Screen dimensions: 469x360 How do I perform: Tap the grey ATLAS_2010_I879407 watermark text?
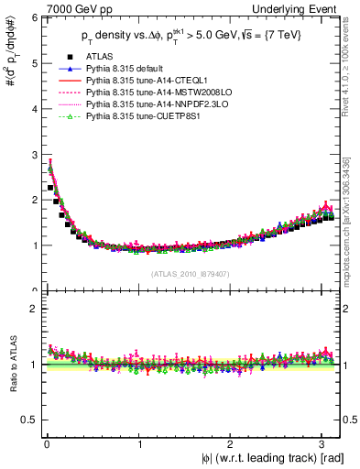(190, 274)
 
